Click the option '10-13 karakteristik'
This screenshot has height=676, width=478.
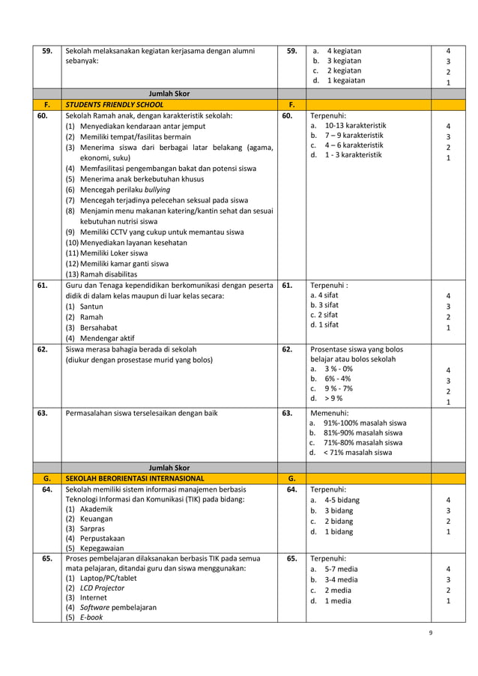[355, 126]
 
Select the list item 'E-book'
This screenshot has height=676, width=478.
[91, 618]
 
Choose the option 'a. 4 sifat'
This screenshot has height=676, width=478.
[324, 295]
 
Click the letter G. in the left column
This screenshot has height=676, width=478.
[46, 477]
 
